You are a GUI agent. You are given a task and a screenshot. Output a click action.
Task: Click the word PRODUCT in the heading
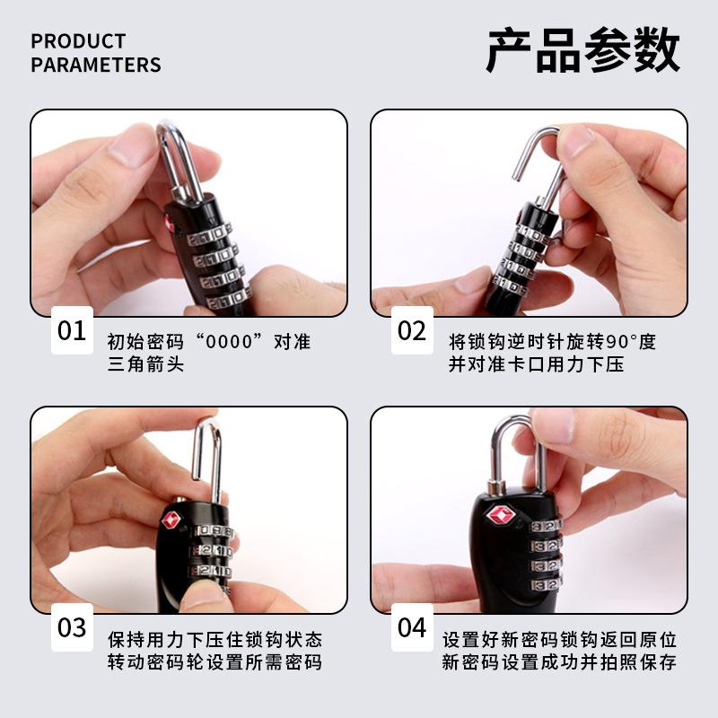pos(78,41)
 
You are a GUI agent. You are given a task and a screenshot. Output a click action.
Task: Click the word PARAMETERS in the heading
pos(96,65)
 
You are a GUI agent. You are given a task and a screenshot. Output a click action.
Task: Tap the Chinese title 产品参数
pos(582,49)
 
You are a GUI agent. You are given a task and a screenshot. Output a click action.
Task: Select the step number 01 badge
pos(72,330)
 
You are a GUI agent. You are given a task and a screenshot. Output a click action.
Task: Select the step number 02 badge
pos(412,330)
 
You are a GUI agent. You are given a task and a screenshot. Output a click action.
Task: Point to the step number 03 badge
pos(72,627)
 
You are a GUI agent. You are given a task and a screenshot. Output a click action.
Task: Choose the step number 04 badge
pos(412,627)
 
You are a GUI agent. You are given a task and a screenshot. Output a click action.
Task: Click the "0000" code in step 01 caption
pos(230,342)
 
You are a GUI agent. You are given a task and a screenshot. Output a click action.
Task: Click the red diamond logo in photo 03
pos(171,520)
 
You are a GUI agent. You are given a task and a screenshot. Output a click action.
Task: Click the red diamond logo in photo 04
pos(500,515)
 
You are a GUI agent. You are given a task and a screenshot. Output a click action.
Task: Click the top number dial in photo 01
pos(210,234)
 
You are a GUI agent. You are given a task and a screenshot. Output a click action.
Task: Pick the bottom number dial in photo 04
pos(547,584)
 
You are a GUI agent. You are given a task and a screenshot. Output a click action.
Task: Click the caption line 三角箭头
pos(145,364)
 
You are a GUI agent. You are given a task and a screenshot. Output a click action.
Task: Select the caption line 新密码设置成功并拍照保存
pos(559,662)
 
